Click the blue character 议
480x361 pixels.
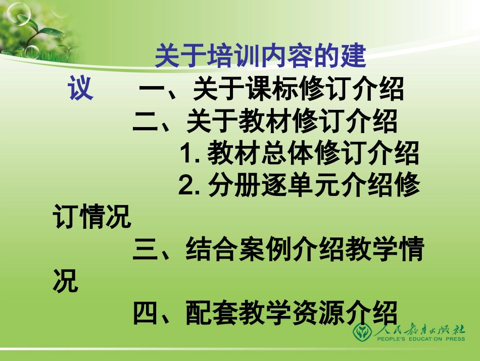click(x=81, y=90)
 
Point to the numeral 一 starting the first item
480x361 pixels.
click(x=152, y=91)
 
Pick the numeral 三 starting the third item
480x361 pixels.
click(x=146, y=250)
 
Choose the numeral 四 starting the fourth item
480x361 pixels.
click(x=146, y=313)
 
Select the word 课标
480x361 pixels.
click(x=273, y=91)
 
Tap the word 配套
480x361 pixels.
click(x=212, y=313)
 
